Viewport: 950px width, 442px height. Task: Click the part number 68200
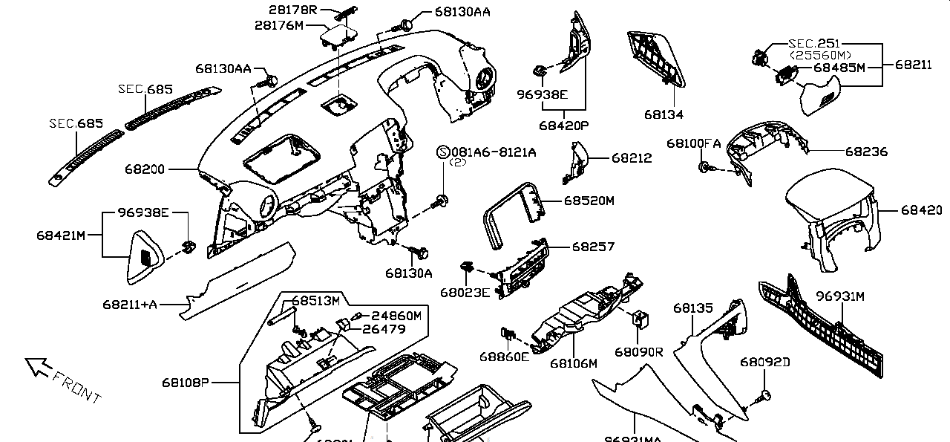(144, 169)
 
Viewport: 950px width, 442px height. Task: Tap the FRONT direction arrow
(37, 366)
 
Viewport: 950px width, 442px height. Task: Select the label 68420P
(563, 126)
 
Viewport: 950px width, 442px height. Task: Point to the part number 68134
(664, 114)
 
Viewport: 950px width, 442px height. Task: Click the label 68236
(866, 152)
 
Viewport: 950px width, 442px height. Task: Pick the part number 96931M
(840, 296)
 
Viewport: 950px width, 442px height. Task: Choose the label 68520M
(589, 201)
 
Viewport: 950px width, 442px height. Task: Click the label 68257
(593, 246)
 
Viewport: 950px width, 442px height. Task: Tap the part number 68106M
(574, 363)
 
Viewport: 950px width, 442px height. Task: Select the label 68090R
(639, 351)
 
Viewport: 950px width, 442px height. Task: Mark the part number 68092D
(764, 362)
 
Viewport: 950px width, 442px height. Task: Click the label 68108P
(186, 383)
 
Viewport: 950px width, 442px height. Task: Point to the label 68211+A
(130, 304)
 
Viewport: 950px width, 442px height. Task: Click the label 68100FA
(693, 143)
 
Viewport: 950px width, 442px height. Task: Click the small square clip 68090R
(638, 319)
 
